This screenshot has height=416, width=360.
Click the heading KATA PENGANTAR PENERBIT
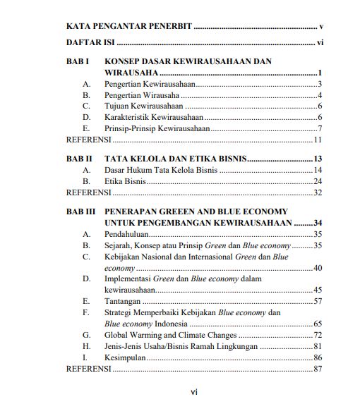(x=128, y=26)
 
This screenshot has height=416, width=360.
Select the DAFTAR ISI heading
(x=86, y=44)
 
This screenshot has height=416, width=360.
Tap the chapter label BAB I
(x=77, y=62)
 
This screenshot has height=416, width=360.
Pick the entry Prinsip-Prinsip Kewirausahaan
(x=156, y=128)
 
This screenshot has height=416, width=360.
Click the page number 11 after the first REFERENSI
(x=318, y=139)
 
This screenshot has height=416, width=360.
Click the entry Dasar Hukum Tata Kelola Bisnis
(x=160, y=171)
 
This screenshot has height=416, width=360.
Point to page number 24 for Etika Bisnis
(x=318, y=181)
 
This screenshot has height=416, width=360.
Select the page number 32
(x=318, y=192)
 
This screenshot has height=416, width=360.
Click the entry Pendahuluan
(x=126, y=234)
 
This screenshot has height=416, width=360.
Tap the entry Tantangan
(x=122, y=301)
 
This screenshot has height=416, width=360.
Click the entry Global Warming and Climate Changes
(x=170, y=335)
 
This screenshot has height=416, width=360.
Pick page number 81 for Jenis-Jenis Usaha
(x=318, y=346)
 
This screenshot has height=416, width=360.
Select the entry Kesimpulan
(x=125, y=357)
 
